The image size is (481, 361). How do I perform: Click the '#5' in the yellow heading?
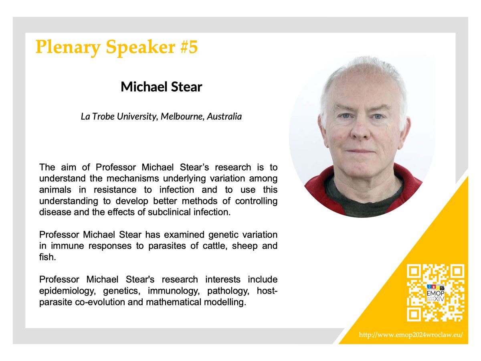tap(186, 47)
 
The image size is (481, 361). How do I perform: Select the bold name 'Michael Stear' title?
tap(162, 87)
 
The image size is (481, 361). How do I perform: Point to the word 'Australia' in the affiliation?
tap(224, 117)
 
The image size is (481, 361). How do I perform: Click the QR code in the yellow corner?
tap(436, 293)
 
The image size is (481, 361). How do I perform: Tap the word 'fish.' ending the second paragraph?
tap(46, 257)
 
